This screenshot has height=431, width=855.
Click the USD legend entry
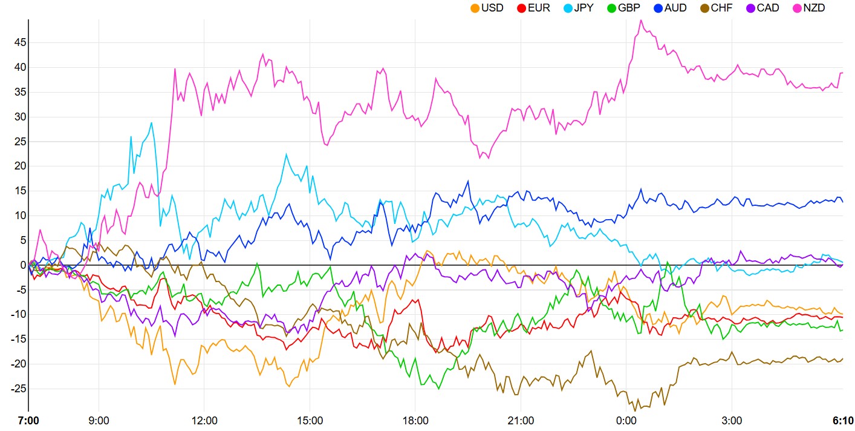tap(487, 8)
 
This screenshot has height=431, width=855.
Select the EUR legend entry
tap(533, 8)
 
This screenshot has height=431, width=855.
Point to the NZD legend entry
tap(808, 8)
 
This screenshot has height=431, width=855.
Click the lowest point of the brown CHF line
tap(635, 410)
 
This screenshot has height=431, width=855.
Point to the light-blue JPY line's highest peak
tap(151, 122)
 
